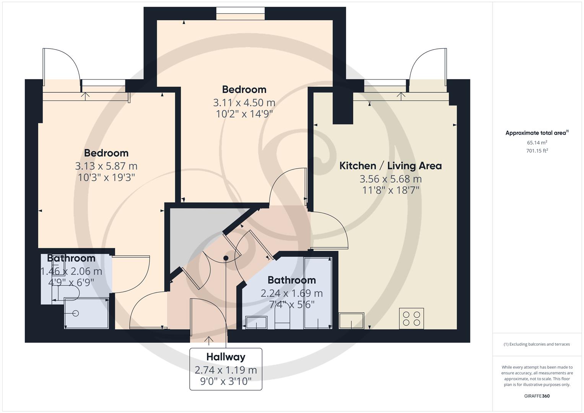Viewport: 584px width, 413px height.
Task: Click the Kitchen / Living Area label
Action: pyautogui.click(x=390, y=166)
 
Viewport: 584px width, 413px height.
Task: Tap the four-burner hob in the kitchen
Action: pyautogui.click(x=411, y=319)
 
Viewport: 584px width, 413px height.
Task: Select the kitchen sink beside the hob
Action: pyautogui.click(x=351, y=320)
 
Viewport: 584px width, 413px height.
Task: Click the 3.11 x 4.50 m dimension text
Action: pyautogui.click(x=244, y=102)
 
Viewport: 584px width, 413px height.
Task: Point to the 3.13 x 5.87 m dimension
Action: pyautogui.click(x=106, y=166)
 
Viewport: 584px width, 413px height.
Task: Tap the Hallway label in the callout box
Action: pyautogui.click(x=226, y=357)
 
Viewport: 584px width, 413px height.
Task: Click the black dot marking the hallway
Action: pyautogui.click(x=226, y=258)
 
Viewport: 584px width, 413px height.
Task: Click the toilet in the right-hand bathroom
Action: pyautogui.click(x=283, y=318)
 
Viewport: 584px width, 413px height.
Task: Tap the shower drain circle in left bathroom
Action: pyautogui.click(x=75, y=313)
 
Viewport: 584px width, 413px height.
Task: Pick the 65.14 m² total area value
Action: pyautogui.click(x=537, y=142)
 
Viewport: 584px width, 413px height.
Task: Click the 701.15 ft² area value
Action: pyautogui.click(x=537, y=151)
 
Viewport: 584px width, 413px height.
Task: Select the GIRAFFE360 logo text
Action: pyautogui.click(x=537, y=396)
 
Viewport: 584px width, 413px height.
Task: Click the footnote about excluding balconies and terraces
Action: pyautogui.click(x=537, y=344)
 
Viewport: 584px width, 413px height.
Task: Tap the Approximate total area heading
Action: pyautogui.click(x=537, y=133)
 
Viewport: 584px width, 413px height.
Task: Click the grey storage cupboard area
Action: pyautogui.click(x=195, y=233)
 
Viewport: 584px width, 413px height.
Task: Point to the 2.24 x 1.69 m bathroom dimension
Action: pyautogui.click(x=291, y=293)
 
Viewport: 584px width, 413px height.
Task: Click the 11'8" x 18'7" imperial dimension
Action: pyautogui.click(x=390, y=190)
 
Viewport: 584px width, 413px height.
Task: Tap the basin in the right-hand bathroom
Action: pyautogui.click(x=256, y=322)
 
